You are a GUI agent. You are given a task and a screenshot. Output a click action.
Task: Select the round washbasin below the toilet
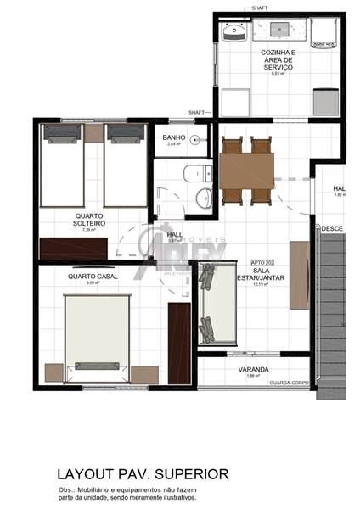[204, 199]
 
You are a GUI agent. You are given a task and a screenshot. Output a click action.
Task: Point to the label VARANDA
[253, 370]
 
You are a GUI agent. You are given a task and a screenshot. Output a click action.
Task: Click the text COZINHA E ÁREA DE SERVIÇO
[278, 60]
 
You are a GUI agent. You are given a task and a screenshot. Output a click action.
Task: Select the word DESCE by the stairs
[331, 228]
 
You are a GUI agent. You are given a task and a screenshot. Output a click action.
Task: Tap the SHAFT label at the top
[262, 8]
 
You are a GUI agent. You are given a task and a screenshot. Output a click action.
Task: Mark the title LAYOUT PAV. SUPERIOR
[142, 473]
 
